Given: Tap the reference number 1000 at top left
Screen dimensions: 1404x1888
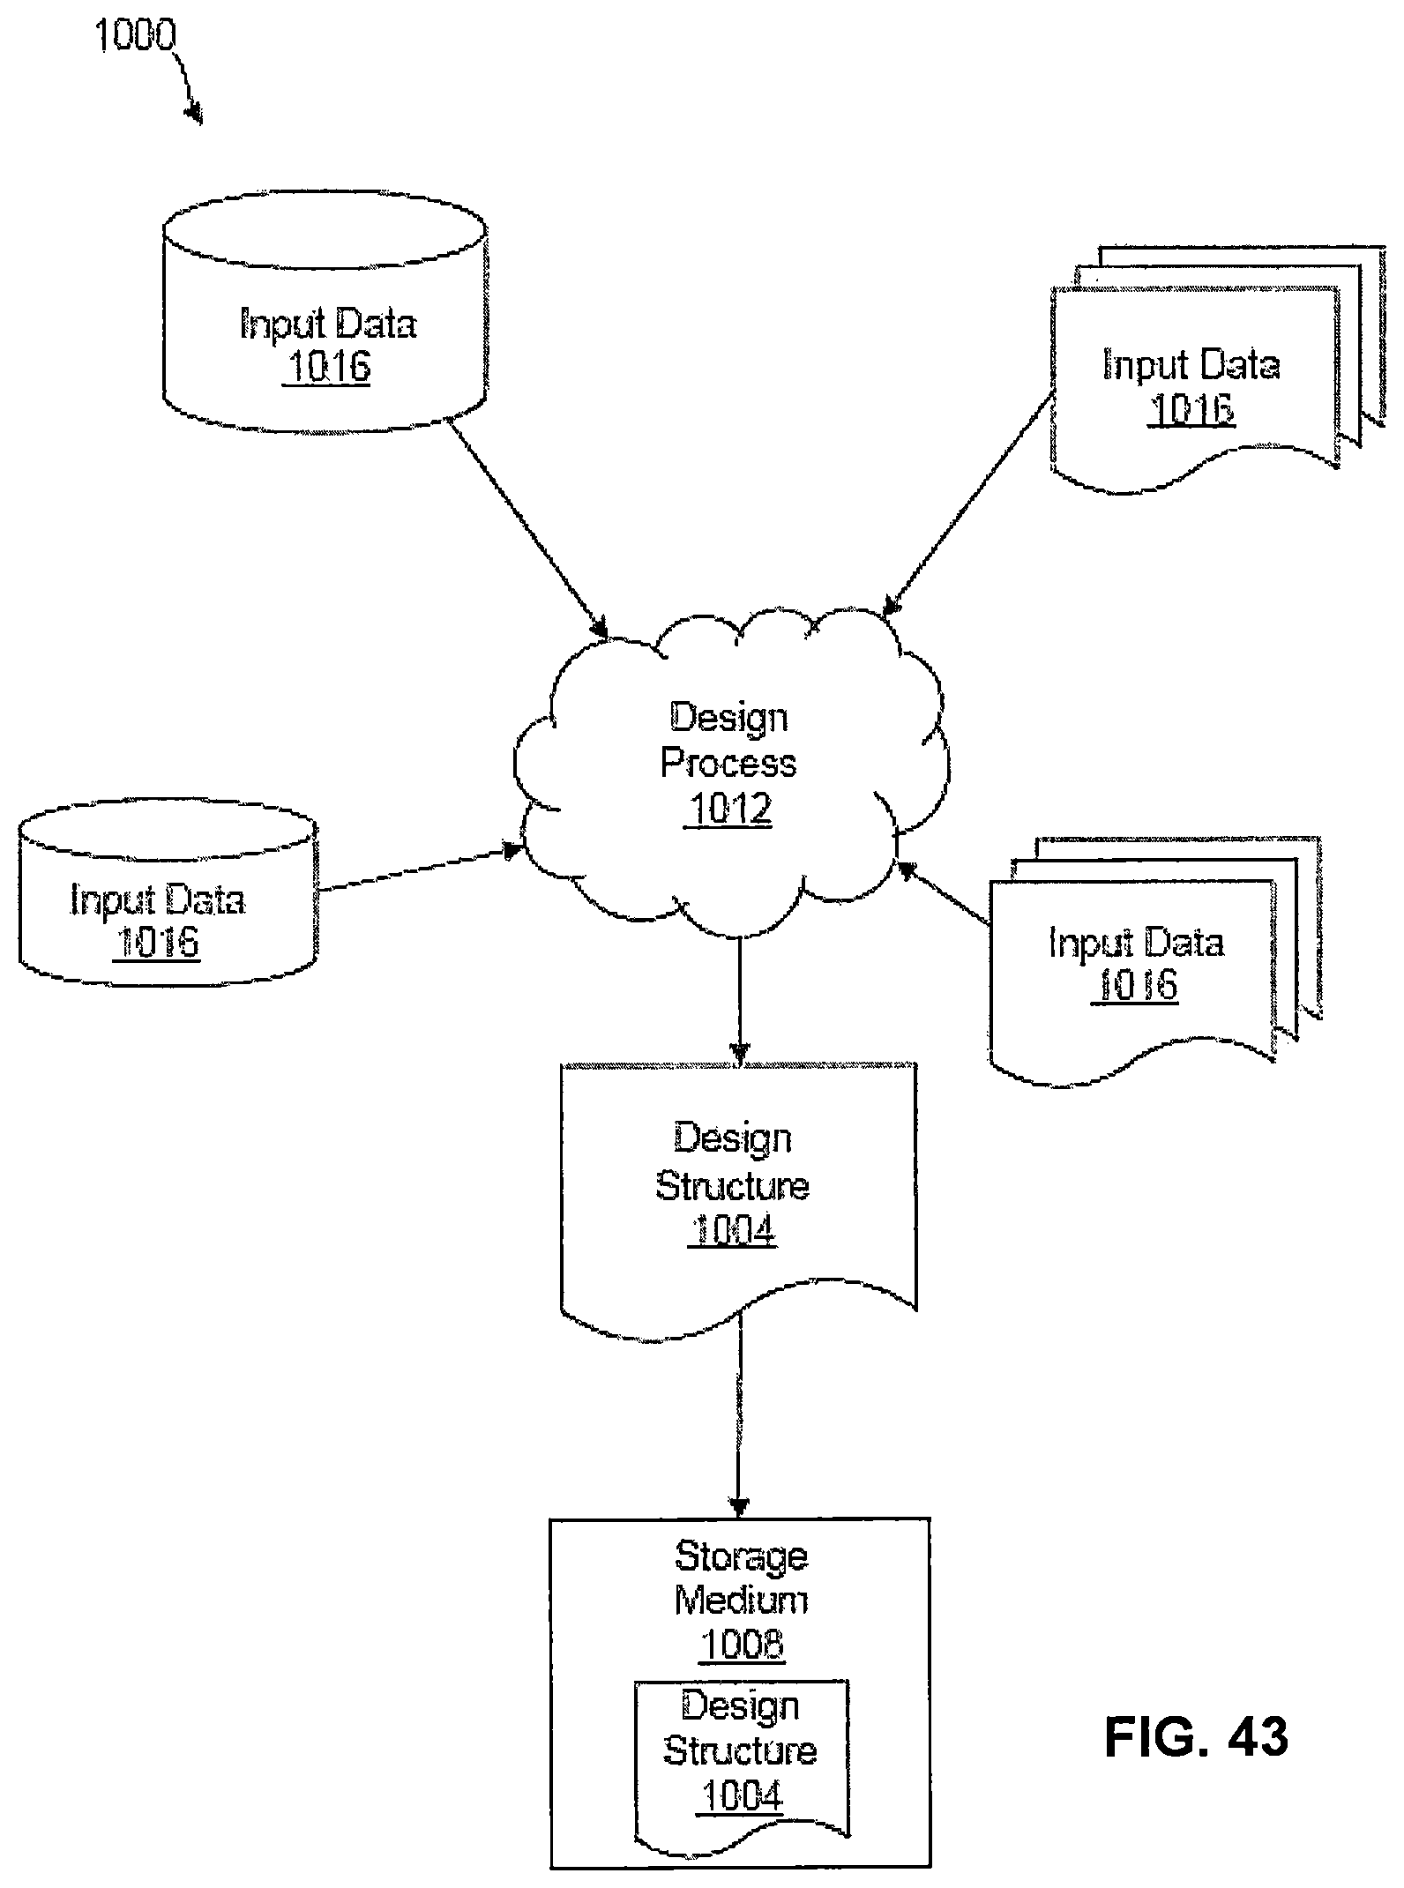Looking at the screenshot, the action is (134, 36).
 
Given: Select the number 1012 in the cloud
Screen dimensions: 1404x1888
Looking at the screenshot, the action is (729, 809).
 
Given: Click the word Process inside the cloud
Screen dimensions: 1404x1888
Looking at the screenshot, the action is (728, 764).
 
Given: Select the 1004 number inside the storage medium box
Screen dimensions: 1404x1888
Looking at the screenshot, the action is (742, 1796).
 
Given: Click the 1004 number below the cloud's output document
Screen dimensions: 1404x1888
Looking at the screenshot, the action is (732, 1230).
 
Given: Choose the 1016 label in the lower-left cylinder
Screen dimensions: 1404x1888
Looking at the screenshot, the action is (158, 943).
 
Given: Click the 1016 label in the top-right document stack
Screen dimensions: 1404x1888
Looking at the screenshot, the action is (1191, 408).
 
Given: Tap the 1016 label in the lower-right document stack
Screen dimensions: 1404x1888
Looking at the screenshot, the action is (1136, 985).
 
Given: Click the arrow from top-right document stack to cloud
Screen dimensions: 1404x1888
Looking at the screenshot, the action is (969, 503).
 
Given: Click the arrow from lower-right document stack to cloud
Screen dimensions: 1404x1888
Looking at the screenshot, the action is (944, 894).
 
